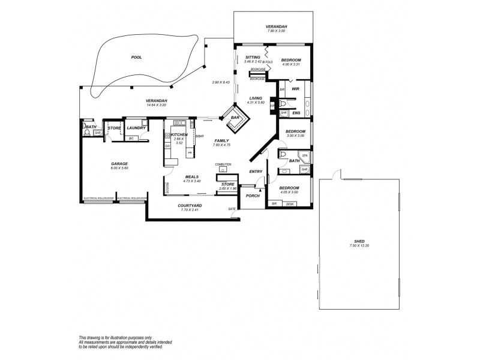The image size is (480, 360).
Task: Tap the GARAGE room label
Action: (x=119, y=163)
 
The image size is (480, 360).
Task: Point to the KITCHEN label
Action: (x=179, y=135)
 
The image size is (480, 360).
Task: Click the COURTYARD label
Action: (x=190, y=206)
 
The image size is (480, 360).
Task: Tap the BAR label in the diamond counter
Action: (x=235, y=118)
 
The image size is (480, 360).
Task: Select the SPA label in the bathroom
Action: (x=305, y=155)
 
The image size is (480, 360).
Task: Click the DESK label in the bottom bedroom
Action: (x=290, y=204)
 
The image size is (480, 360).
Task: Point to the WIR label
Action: (x=295, y=89)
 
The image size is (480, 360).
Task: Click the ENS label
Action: (x=296, y=112)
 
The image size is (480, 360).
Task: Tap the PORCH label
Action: (x=253, y=195)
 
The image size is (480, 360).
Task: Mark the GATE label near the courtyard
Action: (x=231, y=209)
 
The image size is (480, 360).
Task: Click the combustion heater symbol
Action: (x=223, y=169)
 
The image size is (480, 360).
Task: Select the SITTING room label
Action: (x=252, y=57)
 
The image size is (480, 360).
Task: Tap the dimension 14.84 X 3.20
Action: (x=156, y=105)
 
